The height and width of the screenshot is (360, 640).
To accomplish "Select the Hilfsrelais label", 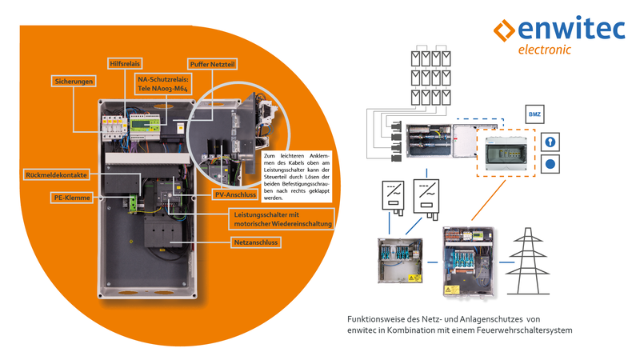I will [x=126, y=62].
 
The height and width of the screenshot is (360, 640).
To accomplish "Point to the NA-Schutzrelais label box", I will [x=162, y=85].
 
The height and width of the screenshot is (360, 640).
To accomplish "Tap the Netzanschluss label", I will [x=256, y=241].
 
